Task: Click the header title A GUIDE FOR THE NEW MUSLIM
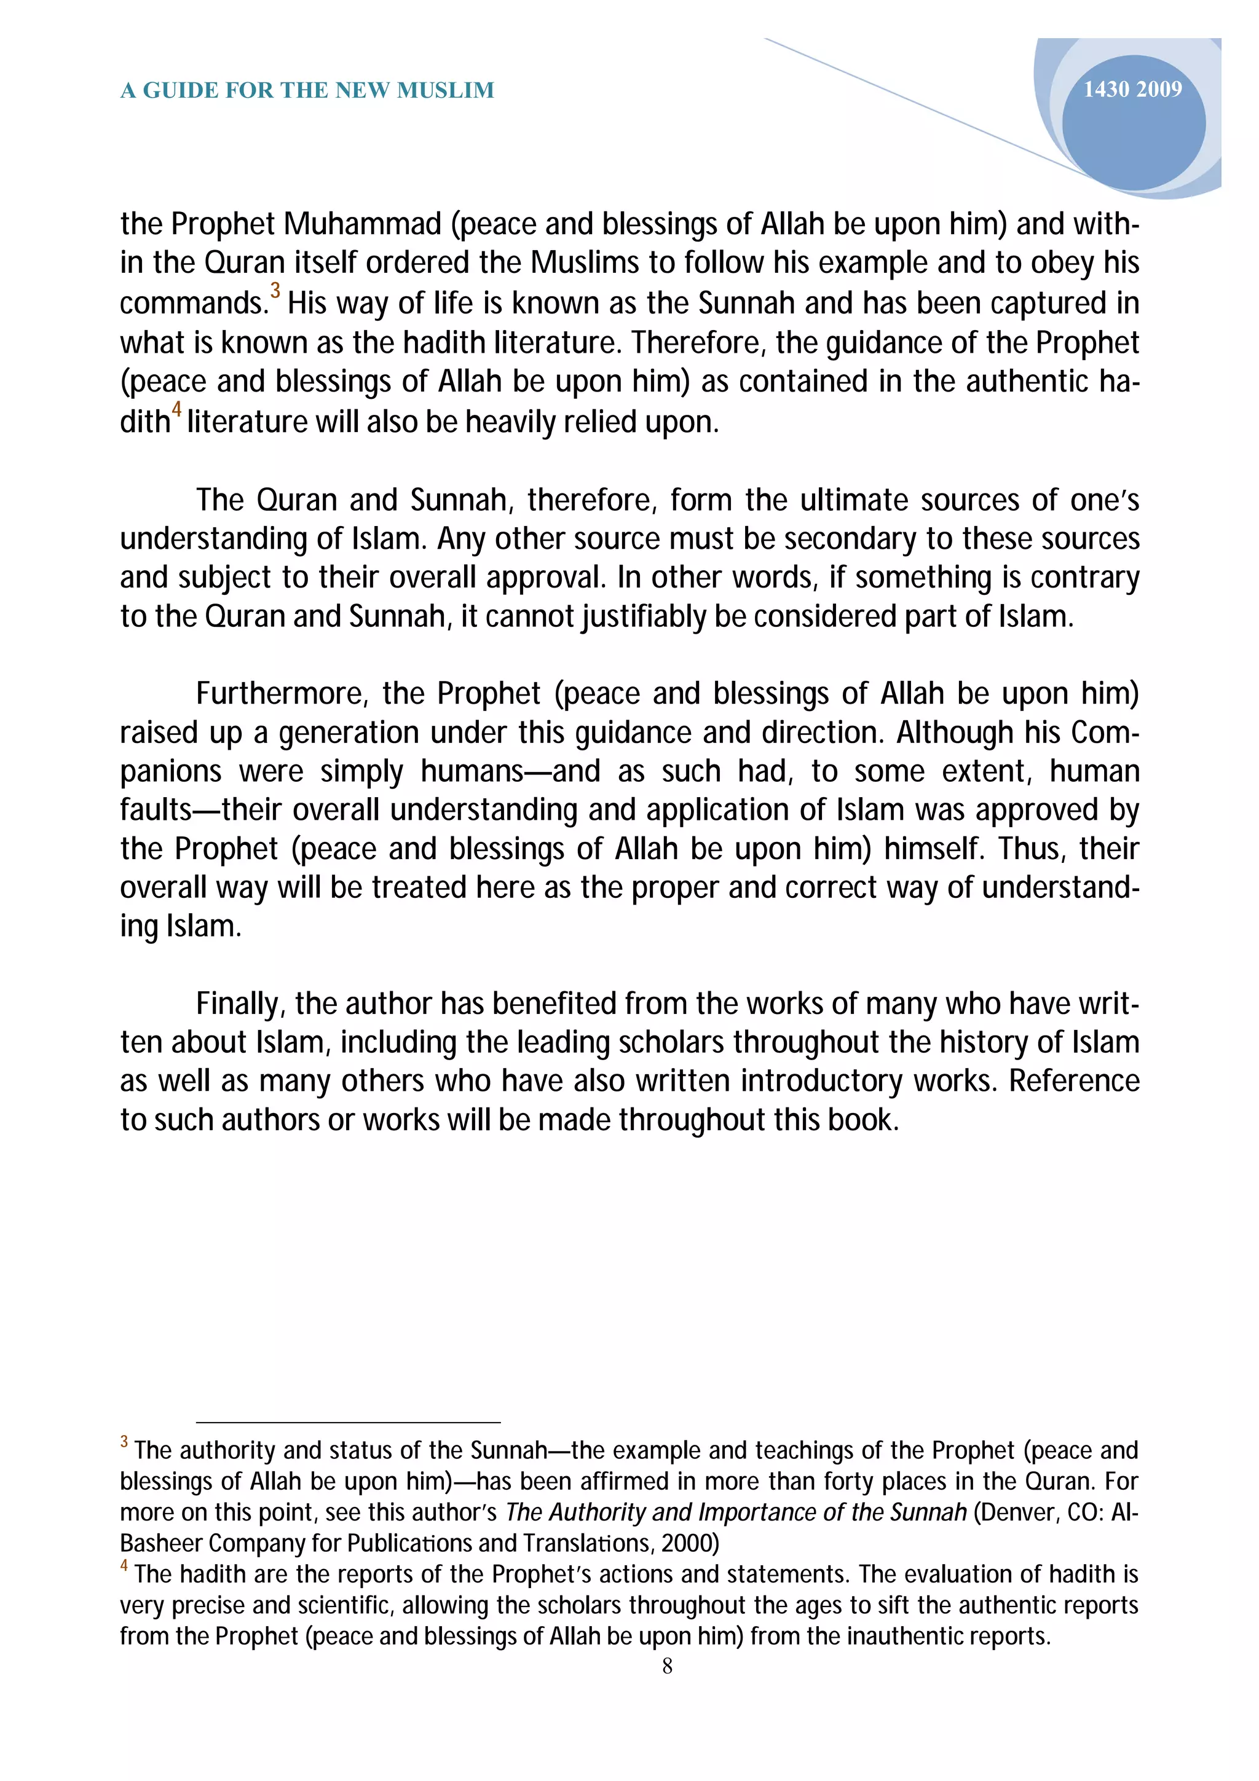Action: pyautogui.click(x=307, y=91)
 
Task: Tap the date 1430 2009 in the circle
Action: pyautogui.click(x=1132, y=90)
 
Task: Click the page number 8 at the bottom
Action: pyautogui.click(x=667, y=1666)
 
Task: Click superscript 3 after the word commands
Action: pyautogui.click(x=275, y=291)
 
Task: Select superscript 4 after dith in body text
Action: pyautogui.click(x=176, y=409)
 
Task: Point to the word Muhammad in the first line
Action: pyautogui.click(x=361, y=224)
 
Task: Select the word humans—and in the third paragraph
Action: pyautogui.click(x=510, y=771)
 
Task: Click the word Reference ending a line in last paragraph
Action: pyautogui.click(x=1073, y=1082)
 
